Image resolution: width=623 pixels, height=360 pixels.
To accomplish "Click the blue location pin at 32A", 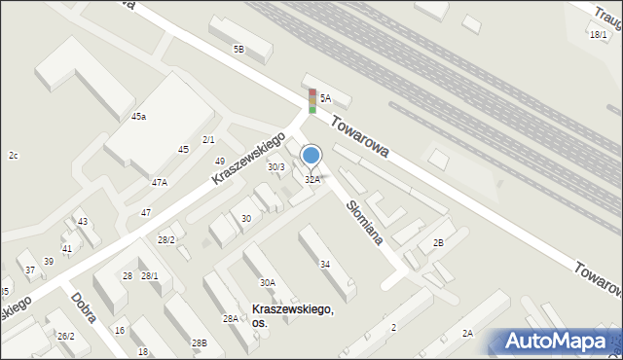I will click(311, 156).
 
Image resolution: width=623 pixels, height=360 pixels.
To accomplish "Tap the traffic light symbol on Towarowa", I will click(312, 101).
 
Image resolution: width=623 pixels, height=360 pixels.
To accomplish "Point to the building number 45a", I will click(138, 117).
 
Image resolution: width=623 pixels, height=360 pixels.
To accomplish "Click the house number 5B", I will click(238, 49).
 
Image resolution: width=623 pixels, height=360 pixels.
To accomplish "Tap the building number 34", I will click(325, 264).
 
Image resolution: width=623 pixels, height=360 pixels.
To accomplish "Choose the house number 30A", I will click(267, 282).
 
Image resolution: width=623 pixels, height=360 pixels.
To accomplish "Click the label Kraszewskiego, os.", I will click(292, 315).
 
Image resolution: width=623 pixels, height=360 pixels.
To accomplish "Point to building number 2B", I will click(438, 242).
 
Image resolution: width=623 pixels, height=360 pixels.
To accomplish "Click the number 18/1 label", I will click(598, 35).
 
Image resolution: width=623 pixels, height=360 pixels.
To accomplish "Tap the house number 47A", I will click(159, 182).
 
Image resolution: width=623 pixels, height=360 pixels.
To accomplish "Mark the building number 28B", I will click(199, 342).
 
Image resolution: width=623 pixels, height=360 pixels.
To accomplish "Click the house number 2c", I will click(14, 156).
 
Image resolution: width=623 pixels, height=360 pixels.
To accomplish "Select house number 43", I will click(83, 222).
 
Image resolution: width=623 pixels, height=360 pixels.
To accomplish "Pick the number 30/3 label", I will click(276, 167).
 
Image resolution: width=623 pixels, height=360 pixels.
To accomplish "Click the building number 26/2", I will click(65, 337).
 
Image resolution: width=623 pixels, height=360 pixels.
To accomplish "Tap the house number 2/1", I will click(208, 140).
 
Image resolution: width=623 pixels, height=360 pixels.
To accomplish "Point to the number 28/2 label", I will click(166, 239).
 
